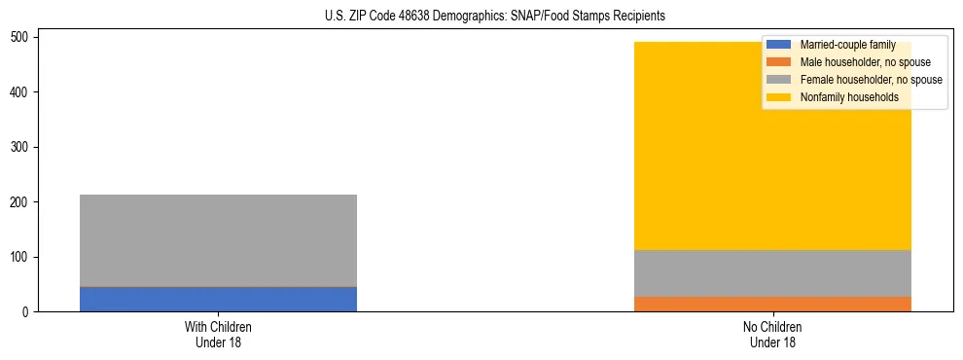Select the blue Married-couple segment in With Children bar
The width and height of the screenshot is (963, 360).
(x=218, y=299)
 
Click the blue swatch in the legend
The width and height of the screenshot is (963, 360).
(x=779, y=45)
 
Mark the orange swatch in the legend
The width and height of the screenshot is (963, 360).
(x=779, y=62)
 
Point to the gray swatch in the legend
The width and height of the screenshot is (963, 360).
(x=779, y=80)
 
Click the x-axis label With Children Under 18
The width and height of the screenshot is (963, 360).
(x=218, y=335)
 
